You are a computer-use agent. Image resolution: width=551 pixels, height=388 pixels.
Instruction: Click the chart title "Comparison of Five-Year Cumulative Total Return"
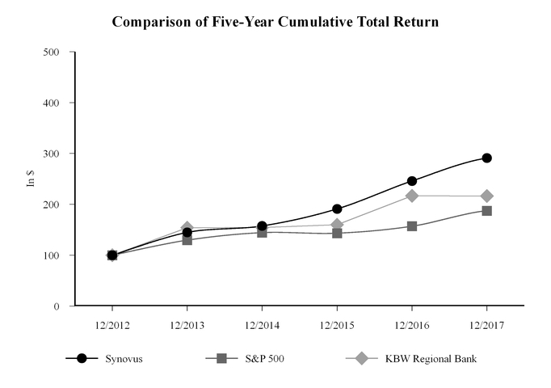coord(275,23)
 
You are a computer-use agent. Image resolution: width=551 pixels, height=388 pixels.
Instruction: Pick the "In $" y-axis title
coord(32,179)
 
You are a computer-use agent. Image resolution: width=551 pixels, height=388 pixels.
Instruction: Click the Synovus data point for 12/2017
coord(486,158)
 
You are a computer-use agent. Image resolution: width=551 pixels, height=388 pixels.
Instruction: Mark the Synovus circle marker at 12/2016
coord(412,181)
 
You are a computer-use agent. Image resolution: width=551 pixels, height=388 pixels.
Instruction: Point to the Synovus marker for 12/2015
coord(337,209)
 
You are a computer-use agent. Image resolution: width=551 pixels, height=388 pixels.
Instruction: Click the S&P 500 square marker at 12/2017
coord(486,211)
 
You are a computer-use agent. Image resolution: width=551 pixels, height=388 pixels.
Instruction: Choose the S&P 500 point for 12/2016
coord(412,226)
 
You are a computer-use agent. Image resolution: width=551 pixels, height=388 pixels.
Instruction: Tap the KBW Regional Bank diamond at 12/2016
coord(412,196)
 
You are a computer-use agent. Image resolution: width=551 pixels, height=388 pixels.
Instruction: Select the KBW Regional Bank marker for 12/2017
coord(486,196)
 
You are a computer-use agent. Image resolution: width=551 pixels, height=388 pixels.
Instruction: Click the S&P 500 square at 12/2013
coord(187,240)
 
